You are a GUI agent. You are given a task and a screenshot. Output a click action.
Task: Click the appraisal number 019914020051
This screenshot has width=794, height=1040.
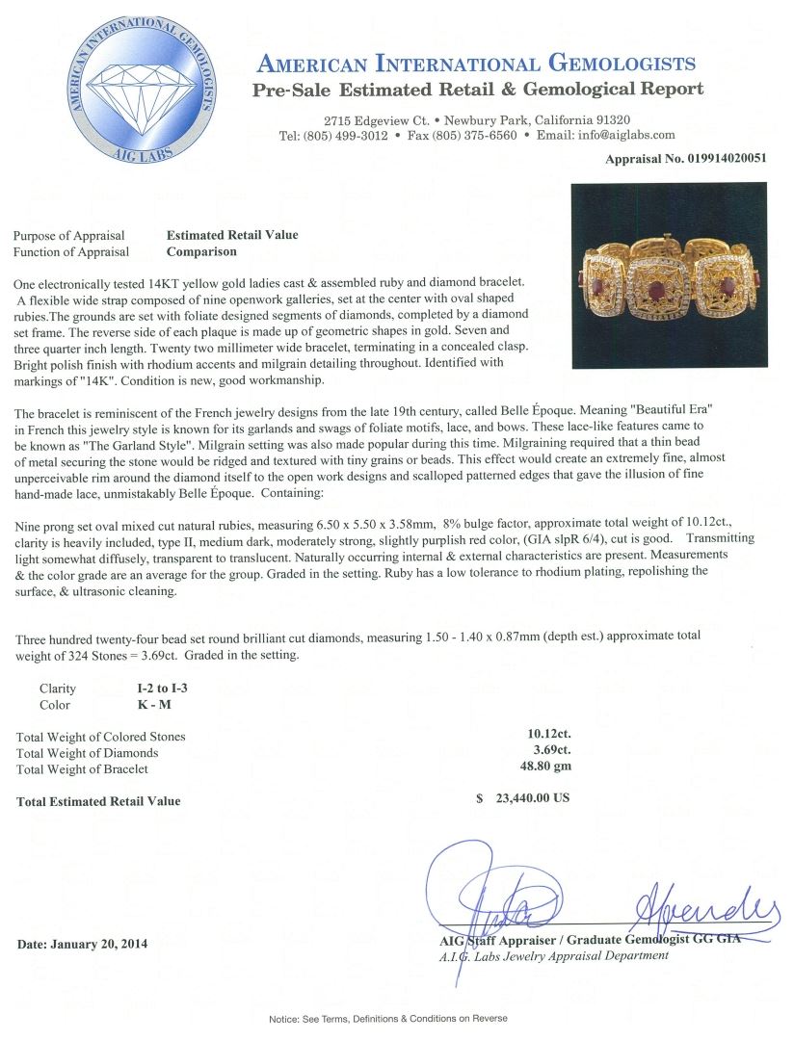pos(714,158)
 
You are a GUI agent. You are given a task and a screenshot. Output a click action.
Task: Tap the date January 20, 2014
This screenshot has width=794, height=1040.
pos(84,944)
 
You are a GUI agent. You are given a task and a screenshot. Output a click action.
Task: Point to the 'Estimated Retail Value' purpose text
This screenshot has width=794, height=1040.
pos(232,235)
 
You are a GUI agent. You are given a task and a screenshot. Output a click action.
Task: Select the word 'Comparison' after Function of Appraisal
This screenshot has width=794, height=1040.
pos(201,251)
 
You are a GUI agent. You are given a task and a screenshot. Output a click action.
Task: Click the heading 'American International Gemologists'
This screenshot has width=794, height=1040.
pos(476,65)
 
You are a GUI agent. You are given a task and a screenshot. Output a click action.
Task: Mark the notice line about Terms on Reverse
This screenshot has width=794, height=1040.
pos(387,1019)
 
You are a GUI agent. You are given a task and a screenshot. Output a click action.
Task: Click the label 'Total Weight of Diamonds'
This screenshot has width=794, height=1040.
pos(88,753)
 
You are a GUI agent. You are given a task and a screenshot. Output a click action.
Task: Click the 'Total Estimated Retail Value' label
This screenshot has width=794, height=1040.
pos(98,801)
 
